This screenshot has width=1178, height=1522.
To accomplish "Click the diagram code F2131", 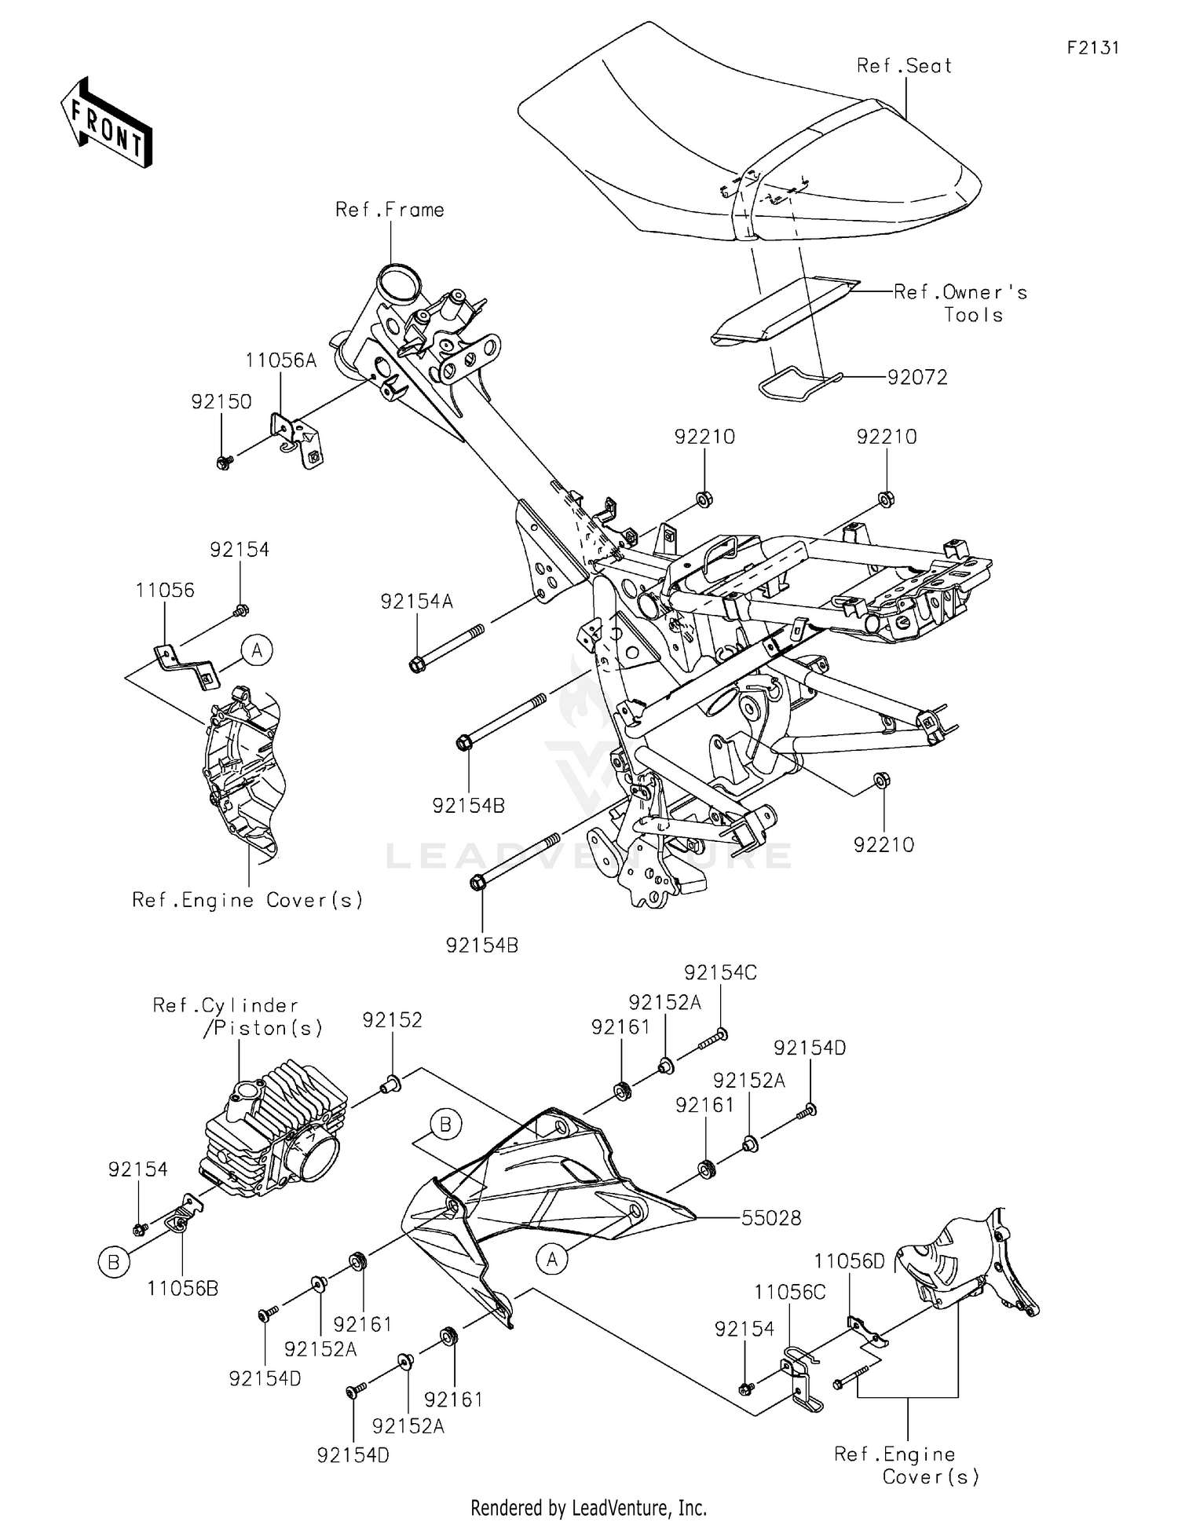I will [x=1092, y=48].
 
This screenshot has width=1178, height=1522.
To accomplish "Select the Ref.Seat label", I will [x=904, y=66].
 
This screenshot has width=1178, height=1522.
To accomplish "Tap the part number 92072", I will [x=917, y=378].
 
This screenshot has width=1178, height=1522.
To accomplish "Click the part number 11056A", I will [x=280, y=360].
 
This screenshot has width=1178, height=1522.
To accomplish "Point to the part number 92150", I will [x=221, y=401].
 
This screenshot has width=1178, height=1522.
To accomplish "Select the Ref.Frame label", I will [x=390, y=210].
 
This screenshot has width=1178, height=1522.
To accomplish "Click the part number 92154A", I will [x=417, y=602].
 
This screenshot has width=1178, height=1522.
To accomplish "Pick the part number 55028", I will [x=771, y=1218].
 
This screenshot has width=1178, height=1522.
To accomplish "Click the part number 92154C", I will [x=720, y=972].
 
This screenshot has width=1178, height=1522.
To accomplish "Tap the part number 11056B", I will [x=182, y=1288].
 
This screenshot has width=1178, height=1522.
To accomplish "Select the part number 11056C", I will [x=790, y=1292].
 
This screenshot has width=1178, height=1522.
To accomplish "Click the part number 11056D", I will [x=849, y=1261].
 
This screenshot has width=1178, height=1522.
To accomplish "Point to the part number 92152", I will [x=392, y=1019].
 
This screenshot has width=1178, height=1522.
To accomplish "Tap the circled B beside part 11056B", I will [x=114, y=1262].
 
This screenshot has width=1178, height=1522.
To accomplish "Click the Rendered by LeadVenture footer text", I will [x=588, y=1507].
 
